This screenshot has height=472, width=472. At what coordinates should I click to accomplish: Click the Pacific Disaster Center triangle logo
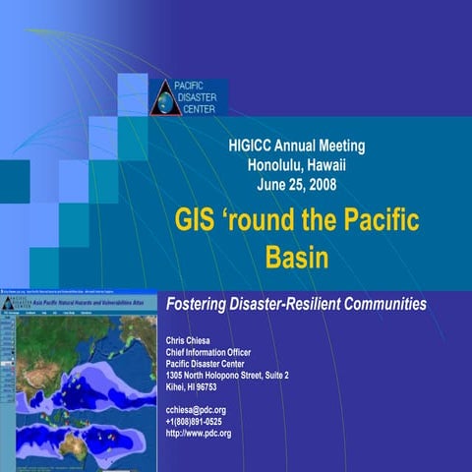pos(163,98)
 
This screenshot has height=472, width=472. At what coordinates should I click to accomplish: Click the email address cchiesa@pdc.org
pos(197,410)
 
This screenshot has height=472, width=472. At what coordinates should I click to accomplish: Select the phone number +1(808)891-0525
pos(200,422)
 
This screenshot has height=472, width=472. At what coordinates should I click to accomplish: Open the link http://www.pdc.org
pos(199,434)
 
